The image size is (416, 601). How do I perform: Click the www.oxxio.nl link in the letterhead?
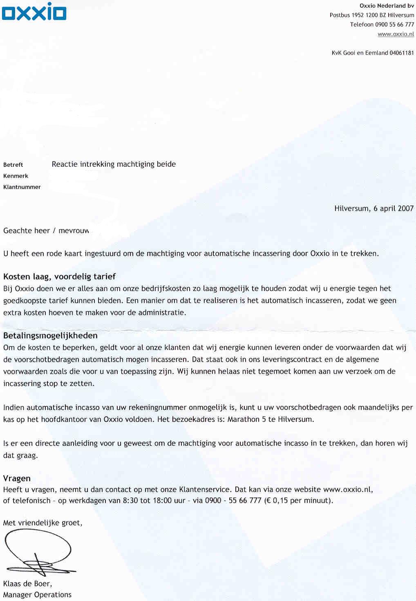396,34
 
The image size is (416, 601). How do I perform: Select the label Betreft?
13,165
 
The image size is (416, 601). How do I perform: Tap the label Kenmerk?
16,176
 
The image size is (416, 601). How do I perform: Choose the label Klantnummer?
22,187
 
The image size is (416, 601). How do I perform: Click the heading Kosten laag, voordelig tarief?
59,276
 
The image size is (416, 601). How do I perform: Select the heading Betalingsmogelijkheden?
50,336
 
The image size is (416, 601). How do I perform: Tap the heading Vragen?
17,478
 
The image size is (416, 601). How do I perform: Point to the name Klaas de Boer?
27,583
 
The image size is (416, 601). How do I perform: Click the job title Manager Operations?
37,594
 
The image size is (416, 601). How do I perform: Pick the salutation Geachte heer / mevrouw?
46,231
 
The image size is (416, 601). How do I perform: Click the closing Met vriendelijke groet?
42,523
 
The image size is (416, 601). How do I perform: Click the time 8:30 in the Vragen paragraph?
130,500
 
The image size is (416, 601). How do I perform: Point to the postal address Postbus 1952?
347,15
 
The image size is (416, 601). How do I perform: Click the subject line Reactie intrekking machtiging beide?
114,164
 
